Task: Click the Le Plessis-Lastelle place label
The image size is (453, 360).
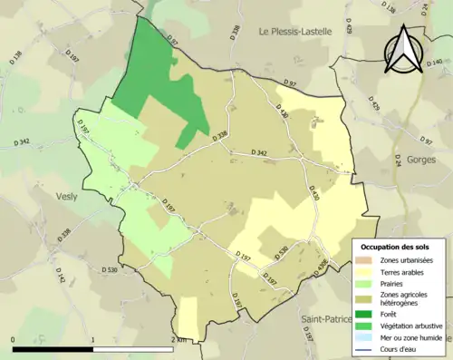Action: coord(295,31)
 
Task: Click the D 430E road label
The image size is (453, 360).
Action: coord(322,266)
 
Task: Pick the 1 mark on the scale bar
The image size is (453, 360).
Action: coord(94,339)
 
